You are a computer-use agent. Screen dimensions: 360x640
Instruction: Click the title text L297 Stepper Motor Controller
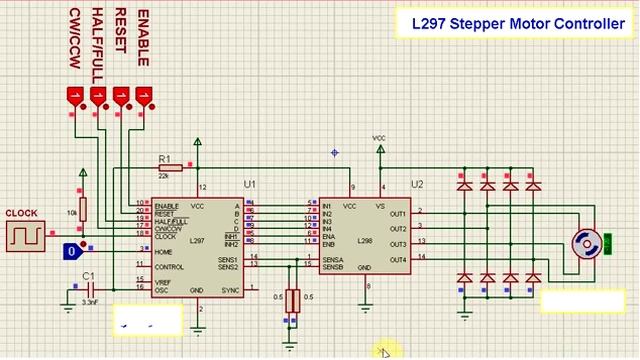(x=518, y=23)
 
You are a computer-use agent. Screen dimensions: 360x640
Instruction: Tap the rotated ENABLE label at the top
(x=142, y=39)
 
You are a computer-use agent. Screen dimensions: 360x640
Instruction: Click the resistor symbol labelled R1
(x=182, y=168)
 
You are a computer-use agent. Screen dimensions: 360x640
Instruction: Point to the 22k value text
(x=164, y=176)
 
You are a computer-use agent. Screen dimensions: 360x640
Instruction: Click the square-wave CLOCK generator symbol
(x=21, y=235)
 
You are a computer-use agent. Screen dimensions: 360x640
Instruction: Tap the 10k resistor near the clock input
(x=83, y=209)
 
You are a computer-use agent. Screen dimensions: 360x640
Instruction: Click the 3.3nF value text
(x=89, y=301)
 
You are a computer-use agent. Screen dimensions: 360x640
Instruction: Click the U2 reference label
(x=417, y=185)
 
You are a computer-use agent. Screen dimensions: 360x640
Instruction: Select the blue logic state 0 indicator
(x=71, y=252)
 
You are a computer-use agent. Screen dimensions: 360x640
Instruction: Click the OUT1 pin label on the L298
(x=397, y=213)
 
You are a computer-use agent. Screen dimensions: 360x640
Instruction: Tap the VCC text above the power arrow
(x=379, y=137)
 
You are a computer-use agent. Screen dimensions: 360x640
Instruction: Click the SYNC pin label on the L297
(x=230, y=290)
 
